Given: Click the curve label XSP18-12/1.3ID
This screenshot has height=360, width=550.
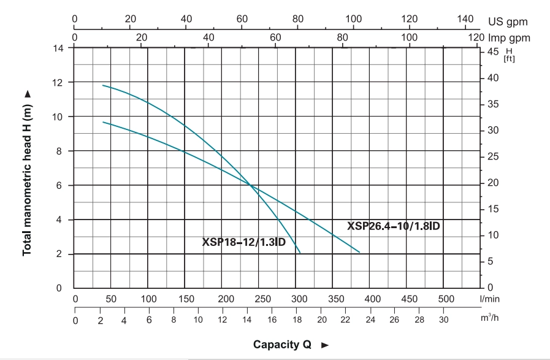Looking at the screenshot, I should click(244, 242).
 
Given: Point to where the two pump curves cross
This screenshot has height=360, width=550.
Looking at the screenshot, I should click(250, 185).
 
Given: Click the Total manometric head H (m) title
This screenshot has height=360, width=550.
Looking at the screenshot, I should click(27, 174).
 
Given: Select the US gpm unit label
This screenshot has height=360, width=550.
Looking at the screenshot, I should click(508, 21).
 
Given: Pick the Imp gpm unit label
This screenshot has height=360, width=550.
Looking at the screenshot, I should click(509, 38).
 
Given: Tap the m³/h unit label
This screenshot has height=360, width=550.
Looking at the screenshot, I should click(489, 319).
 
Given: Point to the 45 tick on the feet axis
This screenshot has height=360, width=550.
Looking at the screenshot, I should click(492, 52).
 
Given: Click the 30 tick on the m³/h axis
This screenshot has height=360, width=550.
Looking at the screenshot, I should click(443, 320).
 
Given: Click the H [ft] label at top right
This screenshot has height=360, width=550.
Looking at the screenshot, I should click(509, 55).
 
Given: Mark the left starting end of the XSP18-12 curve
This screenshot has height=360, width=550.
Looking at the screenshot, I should click(103, 85).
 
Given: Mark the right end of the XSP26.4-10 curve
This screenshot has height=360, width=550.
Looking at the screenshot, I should click(359, 252).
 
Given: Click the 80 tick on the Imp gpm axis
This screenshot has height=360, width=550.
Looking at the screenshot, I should click(342, 37).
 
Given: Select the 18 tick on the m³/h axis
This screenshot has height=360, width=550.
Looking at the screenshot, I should click(297, 320).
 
